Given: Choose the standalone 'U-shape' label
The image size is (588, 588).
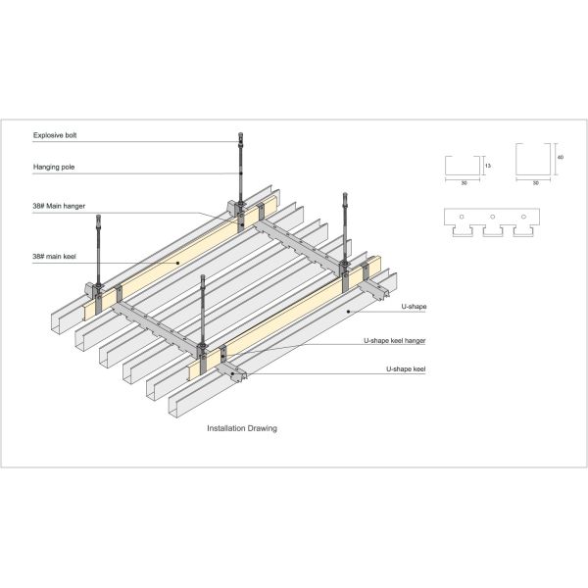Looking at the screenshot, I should [414, 307].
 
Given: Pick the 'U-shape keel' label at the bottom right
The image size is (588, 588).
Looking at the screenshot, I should [406, 369].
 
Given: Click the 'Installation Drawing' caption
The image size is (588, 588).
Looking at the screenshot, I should [241, 428].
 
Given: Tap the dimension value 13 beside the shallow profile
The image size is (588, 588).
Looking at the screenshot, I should [488, 166].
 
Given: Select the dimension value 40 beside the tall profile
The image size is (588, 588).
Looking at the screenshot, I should [560, 157].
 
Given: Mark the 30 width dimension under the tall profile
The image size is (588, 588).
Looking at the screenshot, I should [535, 181].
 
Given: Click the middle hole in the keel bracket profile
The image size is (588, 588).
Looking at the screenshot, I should [492, 216].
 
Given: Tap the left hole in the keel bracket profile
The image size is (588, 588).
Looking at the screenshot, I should [461, 216].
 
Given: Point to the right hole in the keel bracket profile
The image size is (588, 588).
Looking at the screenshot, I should [523, 216].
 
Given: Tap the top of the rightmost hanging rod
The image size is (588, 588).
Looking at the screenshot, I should [345, 197].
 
